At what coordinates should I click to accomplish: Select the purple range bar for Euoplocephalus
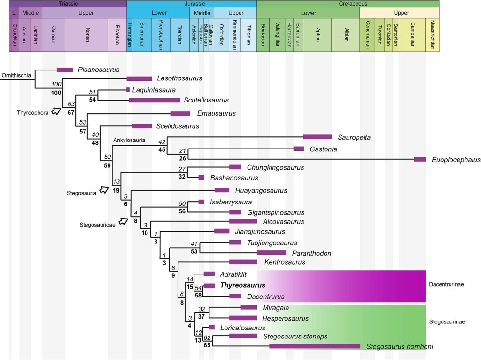[x=420, y=159]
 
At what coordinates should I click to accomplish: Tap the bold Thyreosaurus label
[x=242, y=285]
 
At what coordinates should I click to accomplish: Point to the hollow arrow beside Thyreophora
[x=56, y=111]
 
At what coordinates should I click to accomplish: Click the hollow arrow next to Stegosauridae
[x=124, y=220]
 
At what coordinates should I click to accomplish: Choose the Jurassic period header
[x=192, y=3]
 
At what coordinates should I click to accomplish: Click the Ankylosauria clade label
[x=129, y=140]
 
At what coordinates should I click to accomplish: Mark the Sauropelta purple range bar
[x=317, y=137]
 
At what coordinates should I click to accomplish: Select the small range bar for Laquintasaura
[x=128, y=89]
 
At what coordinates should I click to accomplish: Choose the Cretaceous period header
[x=348, y=3]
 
